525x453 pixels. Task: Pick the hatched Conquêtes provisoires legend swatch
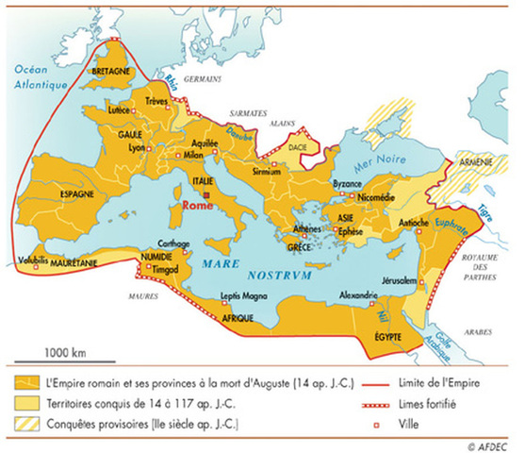pyautogui.click(x=25, y=421)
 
